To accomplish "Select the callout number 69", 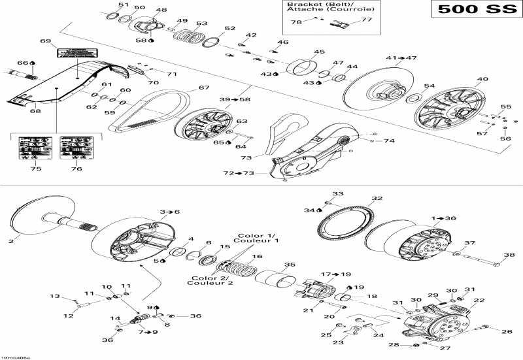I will coord(45,41).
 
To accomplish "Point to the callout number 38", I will coord(508,255).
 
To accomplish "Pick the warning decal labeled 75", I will coord(35,148).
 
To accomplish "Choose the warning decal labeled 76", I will coord(76,148).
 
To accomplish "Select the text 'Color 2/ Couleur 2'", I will coord(209,282).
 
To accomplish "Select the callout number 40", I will coord(482,79).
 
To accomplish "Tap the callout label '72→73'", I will coord(237,173).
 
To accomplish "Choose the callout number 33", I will coord(338,193).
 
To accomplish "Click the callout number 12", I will coord(68,316).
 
